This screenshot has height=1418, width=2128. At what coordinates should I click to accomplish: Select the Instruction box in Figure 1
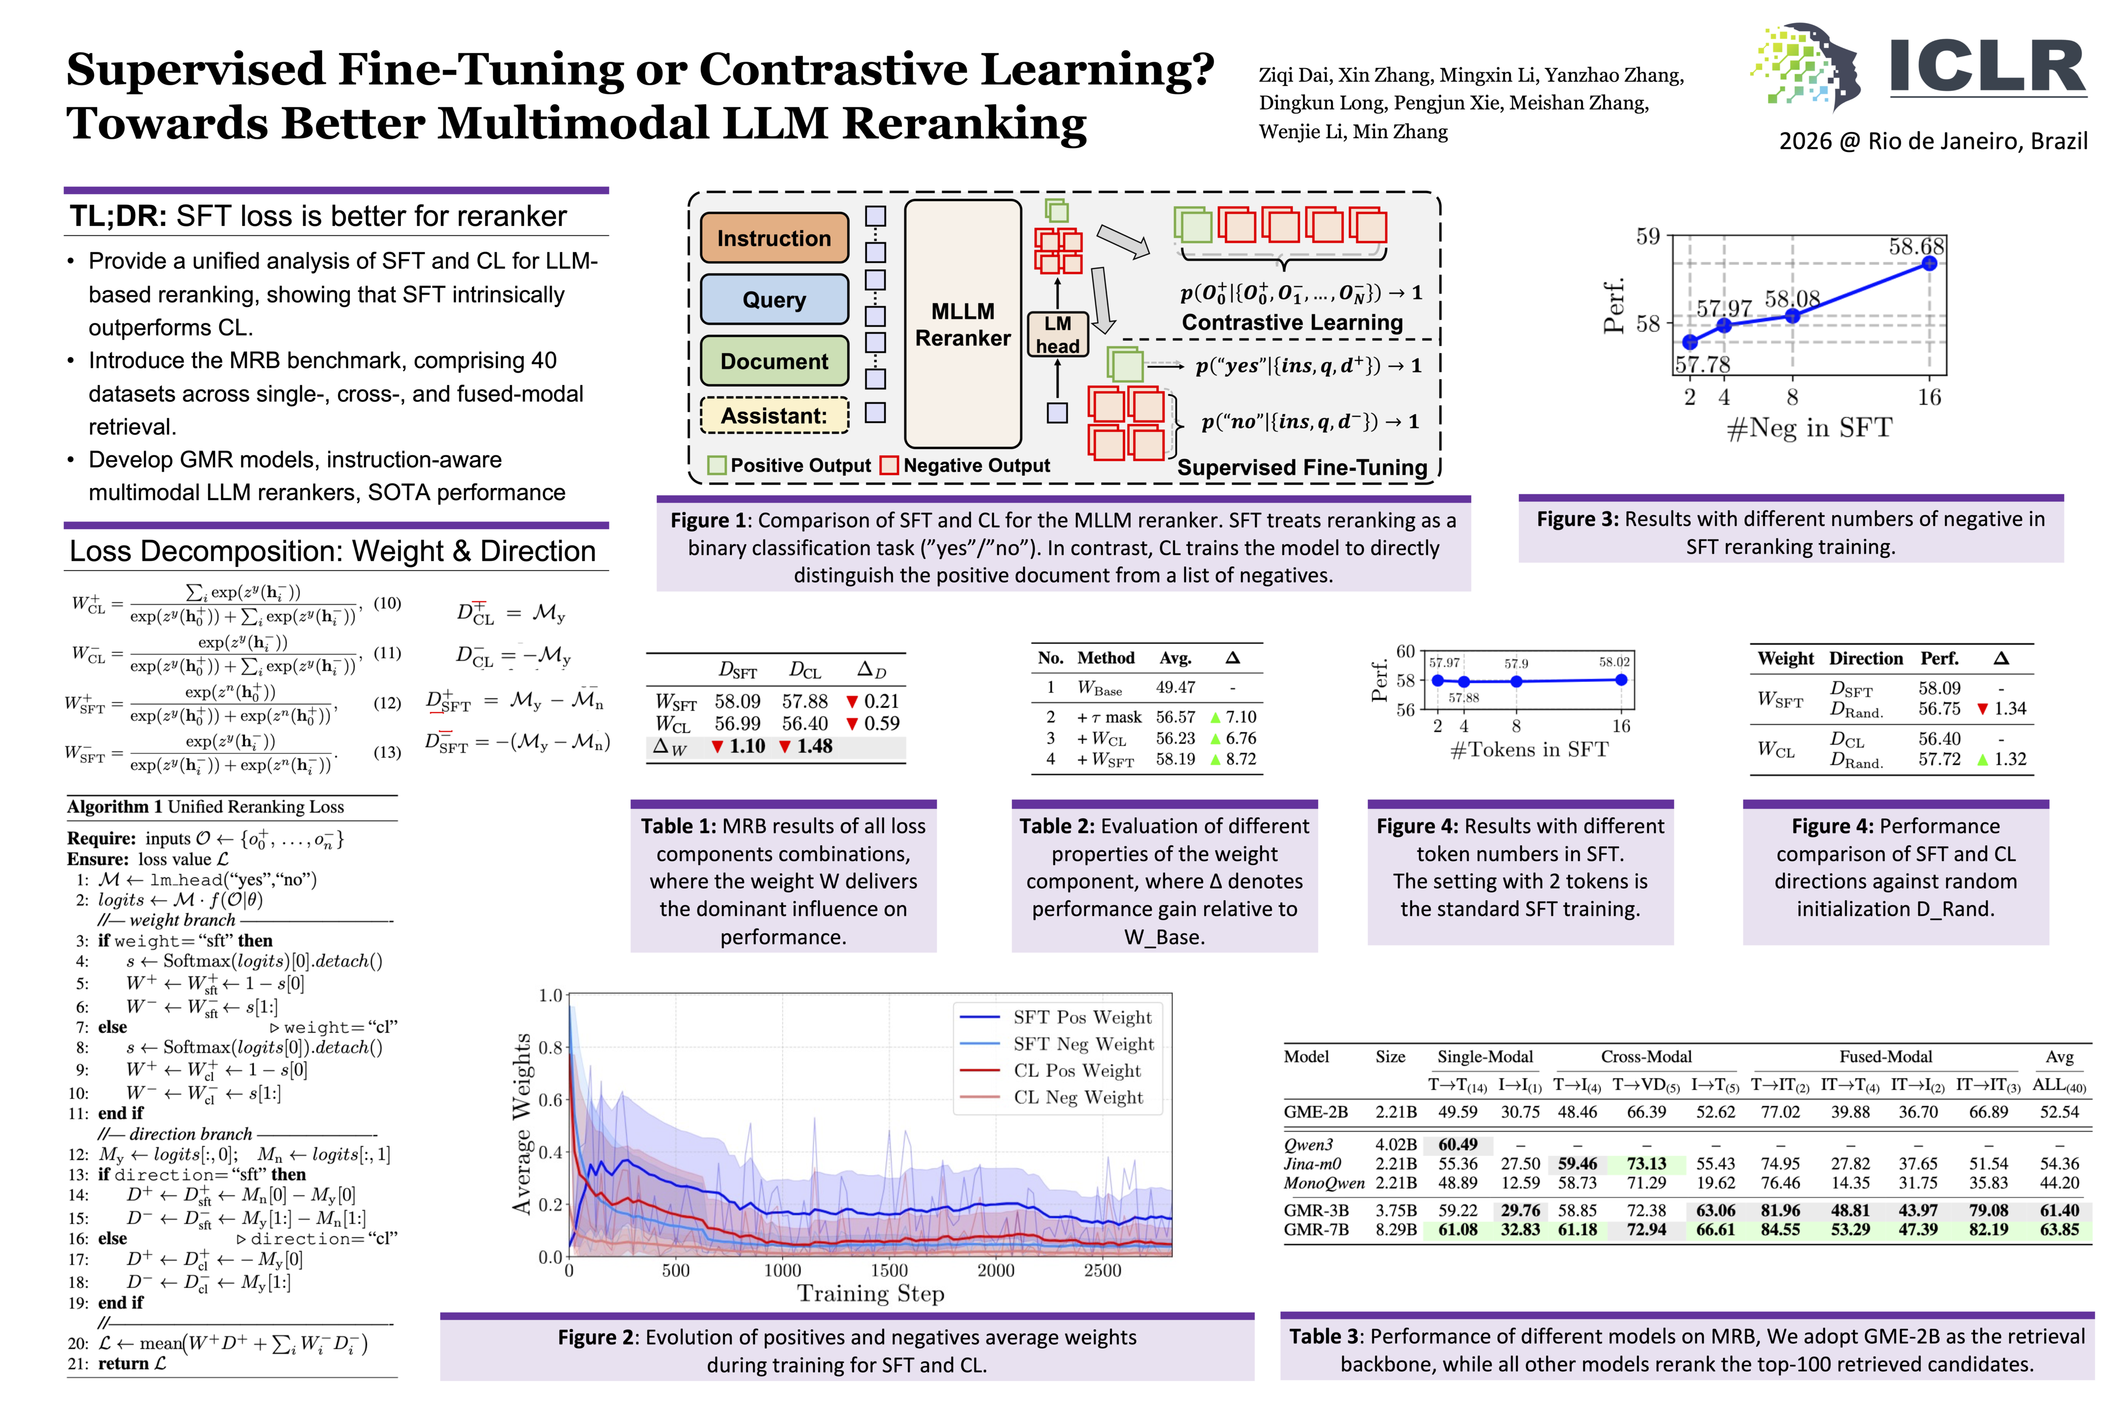[x=773, y=238]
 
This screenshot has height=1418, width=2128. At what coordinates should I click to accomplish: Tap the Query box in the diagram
[x=773, y=299]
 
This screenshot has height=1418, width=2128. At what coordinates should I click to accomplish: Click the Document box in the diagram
[x=773, y=361]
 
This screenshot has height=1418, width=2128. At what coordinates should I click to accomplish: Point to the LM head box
[x=1057, y=335]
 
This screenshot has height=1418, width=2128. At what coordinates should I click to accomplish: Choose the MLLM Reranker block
[x=963, y=324]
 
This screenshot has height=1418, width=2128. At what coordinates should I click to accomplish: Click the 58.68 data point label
[x=1915, y=246]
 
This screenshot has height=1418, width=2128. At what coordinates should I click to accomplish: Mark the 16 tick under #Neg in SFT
[x=1929, y=397]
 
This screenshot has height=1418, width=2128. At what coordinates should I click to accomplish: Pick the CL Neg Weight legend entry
[x=1078, y=1097]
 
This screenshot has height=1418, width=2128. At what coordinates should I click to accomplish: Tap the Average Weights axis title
[x=522, y=1124]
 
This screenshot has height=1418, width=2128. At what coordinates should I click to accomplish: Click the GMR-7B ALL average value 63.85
[x=2059, y=1230]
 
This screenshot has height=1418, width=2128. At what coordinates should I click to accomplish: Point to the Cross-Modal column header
[x=1646, y=1056]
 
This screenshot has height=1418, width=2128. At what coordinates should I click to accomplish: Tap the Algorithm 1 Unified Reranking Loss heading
[x=205, y=806]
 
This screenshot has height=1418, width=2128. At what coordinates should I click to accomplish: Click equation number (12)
[x=387, y=703]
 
